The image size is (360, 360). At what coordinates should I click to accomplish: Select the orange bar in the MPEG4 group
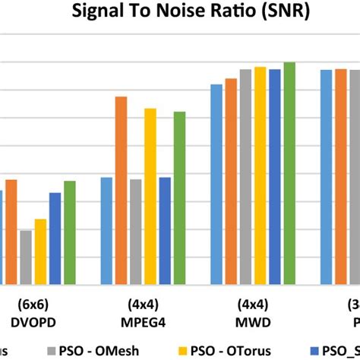click(121, 191)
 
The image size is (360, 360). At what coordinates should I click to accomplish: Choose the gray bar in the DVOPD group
click(26, 257)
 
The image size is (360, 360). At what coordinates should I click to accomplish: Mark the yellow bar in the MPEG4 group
click(150, 197)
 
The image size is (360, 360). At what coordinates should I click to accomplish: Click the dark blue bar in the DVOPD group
click(55, 238)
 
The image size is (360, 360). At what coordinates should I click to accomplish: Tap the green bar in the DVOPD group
click(69, 232)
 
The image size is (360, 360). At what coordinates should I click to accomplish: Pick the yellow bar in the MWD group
click(260, 175)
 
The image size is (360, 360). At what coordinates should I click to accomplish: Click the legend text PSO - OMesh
click(96, 350)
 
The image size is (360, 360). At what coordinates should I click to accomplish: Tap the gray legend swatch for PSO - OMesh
click(52, 350)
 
